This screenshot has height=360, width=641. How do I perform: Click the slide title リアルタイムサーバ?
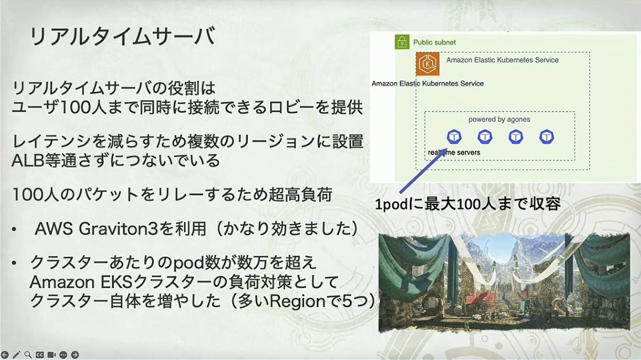(122, 36)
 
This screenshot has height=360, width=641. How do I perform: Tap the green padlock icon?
(402, 42)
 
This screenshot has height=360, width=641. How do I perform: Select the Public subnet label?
(434, 42)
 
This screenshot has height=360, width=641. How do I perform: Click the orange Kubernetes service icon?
(427, 64)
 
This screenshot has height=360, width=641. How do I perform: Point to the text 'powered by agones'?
(499, 119)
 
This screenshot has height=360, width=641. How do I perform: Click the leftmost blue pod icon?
(454, 137)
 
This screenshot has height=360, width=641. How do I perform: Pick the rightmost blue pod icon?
(546, 137)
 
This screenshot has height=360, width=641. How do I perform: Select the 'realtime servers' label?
(454, 153)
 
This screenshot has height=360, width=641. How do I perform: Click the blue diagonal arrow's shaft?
(422, 172)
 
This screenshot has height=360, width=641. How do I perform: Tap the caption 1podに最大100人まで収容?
(467, 205)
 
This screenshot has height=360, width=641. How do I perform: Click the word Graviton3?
(118, 229)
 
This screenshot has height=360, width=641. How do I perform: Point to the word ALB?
(27, 161)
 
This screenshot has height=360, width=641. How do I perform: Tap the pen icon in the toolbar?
(17, 355)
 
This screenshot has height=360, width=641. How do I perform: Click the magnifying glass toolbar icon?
(28, 355)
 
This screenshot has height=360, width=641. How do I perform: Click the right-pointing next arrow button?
(75, 355)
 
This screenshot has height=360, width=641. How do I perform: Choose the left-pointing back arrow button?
(5, 355)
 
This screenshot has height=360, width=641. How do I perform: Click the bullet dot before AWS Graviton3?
(14, 230)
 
